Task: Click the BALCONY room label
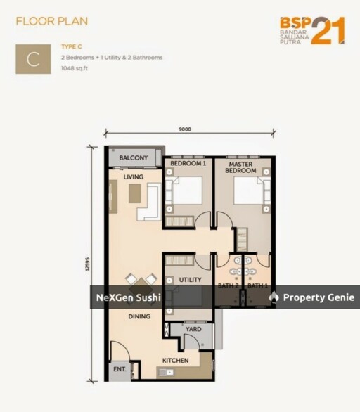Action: [x=133, y=157]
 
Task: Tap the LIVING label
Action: [x=134, y=177]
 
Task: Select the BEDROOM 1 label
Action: [x=188, y=163]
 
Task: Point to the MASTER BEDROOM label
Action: [x=240, y=167]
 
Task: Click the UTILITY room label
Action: [x=191, y=280]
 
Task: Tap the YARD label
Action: [x=193, y=329]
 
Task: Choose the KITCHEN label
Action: [x=175, y=361]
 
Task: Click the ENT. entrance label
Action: [x=120, y=369]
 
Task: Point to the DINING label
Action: [x=139, y=316]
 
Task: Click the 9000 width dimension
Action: [x=185, y=129]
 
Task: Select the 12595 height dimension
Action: [x=87, y=264]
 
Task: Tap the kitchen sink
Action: [x=166, y=372]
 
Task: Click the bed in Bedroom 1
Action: [x=184, y=191]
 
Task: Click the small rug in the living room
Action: [x=134, y=193]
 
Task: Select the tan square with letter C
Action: [x=33, y=59]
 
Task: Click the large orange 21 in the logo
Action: [x=328, y=31]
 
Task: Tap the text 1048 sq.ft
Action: [x=75, y=69]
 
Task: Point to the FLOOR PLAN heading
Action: [x=52, y=21]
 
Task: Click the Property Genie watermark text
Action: [x=319, y=297]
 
